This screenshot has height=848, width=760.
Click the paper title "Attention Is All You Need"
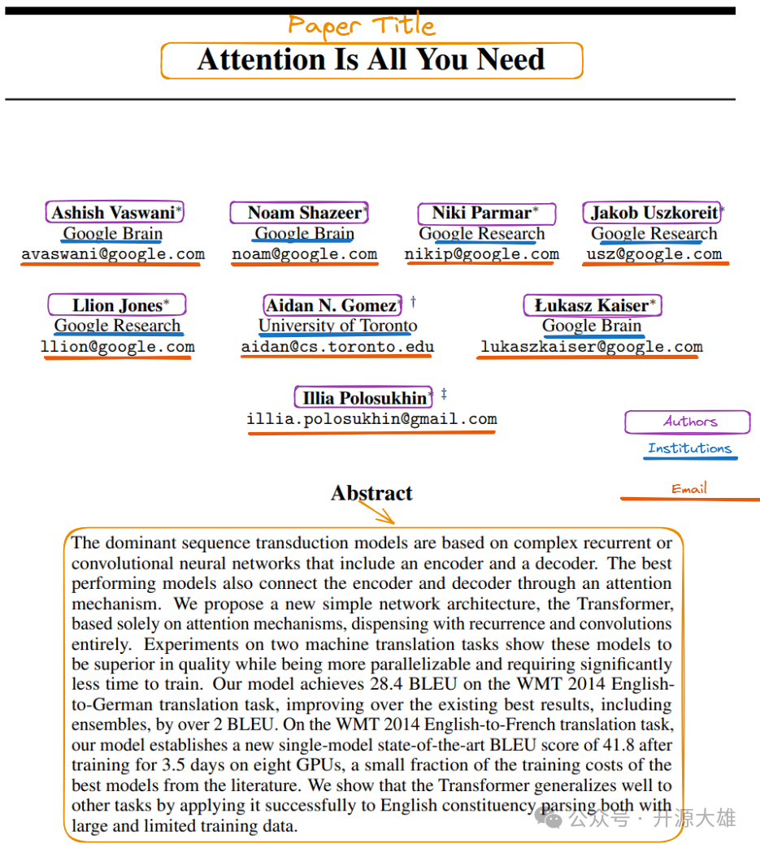371,60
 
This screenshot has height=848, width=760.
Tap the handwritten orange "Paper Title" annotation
362,25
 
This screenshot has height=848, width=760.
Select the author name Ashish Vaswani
113,213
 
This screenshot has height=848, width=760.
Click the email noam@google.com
304,253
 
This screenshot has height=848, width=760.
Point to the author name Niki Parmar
481,213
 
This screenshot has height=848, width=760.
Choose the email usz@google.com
654,253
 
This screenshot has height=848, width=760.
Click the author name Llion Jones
117,305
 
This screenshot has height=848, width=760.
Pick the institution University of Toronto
337,326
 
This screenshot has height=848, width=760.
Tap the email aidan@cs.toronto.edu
337,347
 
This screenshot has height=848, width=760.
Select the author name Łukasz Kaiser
592,305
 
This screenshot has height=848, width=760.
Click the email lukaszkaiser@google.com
591,347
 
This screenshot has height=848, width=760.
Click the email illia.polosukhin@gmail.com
371,419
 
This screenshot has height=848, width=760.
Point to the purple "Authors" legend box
688,422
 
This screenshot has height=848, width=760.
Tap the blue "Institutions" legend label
689,448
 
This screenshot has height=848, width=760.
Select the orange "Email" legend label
688,489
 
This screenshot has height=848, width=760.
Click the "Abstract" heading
371,493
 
